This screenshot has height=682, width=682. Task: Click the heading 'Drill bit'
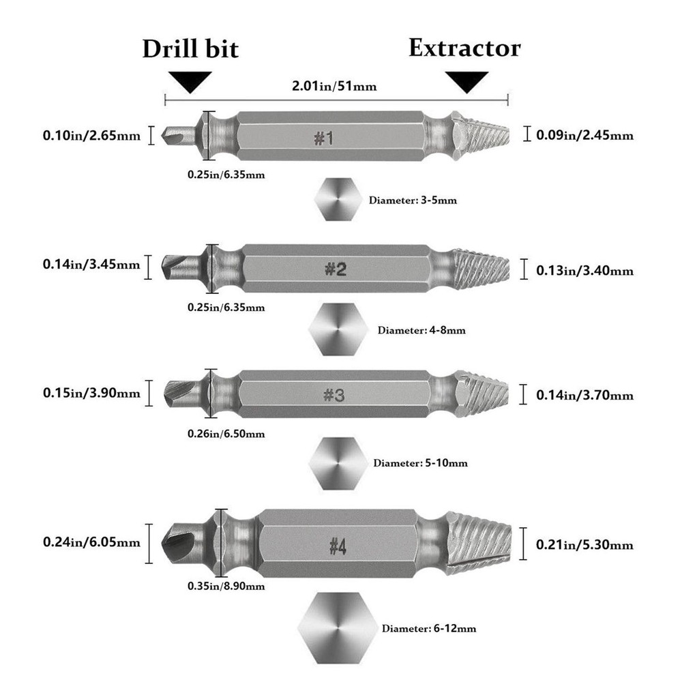pos(190,48)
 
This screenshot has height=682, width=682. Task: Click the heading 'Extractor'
pos(464,48)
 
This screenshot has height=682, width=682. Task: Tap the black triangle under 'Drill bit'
pos(190,82)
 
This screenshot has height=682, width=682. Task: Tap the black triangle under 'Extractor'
pos(467,82)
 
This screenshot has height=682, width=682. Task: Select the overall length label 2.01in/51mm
pos(334,86)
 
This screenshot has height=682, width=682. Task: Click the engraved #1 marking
pos(324,138)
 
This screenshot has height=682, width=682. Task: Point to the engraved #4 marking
pos(338,546)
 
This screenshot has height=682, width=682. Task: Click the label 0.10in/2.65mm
pos(92,135)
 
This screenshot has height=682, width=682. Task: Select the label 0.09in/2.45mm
pos(584,135)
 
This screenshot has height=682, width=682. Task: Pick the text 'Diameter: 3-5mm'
pos(413,201)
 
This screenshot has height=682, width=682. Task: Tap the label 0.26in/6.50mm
pos(226,434)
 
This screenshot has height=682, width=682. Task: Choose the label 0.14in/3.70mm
pos(584,395)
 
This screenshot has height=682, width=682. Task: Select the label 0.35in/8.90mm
pos(226,586)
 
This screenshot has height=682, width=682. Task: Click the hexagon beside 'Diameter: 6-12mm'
pos(338,627)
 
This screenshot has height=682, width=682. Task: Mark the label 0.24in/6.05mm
pos(92,542)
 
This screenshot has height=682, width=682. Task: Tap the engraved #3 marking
pos(334,395)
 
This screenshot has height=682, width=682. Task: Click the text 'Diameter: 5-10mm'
pos(421,463)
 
